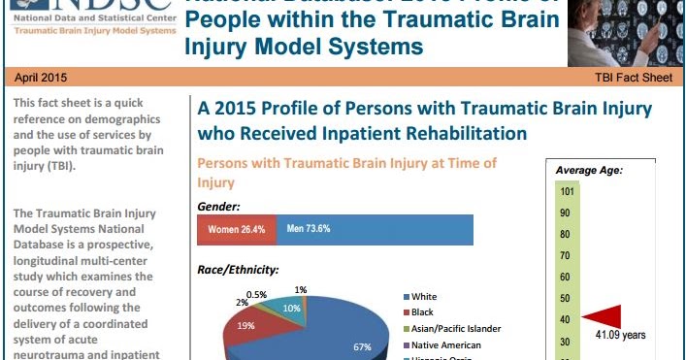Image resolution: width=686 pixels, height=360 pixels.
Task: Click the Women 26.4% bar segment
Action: click(236, 230)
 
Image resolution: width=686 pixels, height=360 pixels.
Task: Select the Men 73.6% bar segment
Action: click(376, 230)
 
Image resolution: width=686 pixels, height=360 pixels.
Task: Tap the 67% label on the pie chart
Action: click(363, 346)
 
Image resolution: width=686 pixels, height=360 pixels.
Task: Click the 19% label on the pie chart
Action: click(247, 326)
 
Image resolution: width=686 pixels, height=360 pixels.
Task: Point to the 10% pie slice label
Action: click(291, 308)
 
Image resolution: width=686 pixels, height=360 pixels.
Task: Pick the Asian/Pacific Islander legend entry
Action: click(456, 328)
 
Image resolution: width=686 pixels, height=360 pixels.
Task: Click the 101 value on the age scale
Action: click(566, 191)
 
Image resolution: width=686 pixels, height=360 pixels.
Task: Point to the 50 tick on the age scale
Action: click(564, 297)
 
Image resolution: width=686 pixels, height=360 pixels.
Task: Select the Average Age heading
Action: click(589, 171)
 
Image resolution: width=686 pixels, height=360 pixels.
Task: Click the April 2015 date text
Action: click(42, 77)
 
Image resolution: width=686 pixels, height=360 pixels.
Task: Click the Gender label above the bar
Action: click(219, 207)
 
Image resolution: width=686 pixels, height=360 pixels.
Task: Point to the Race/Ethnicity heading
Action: click(238, 270)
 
